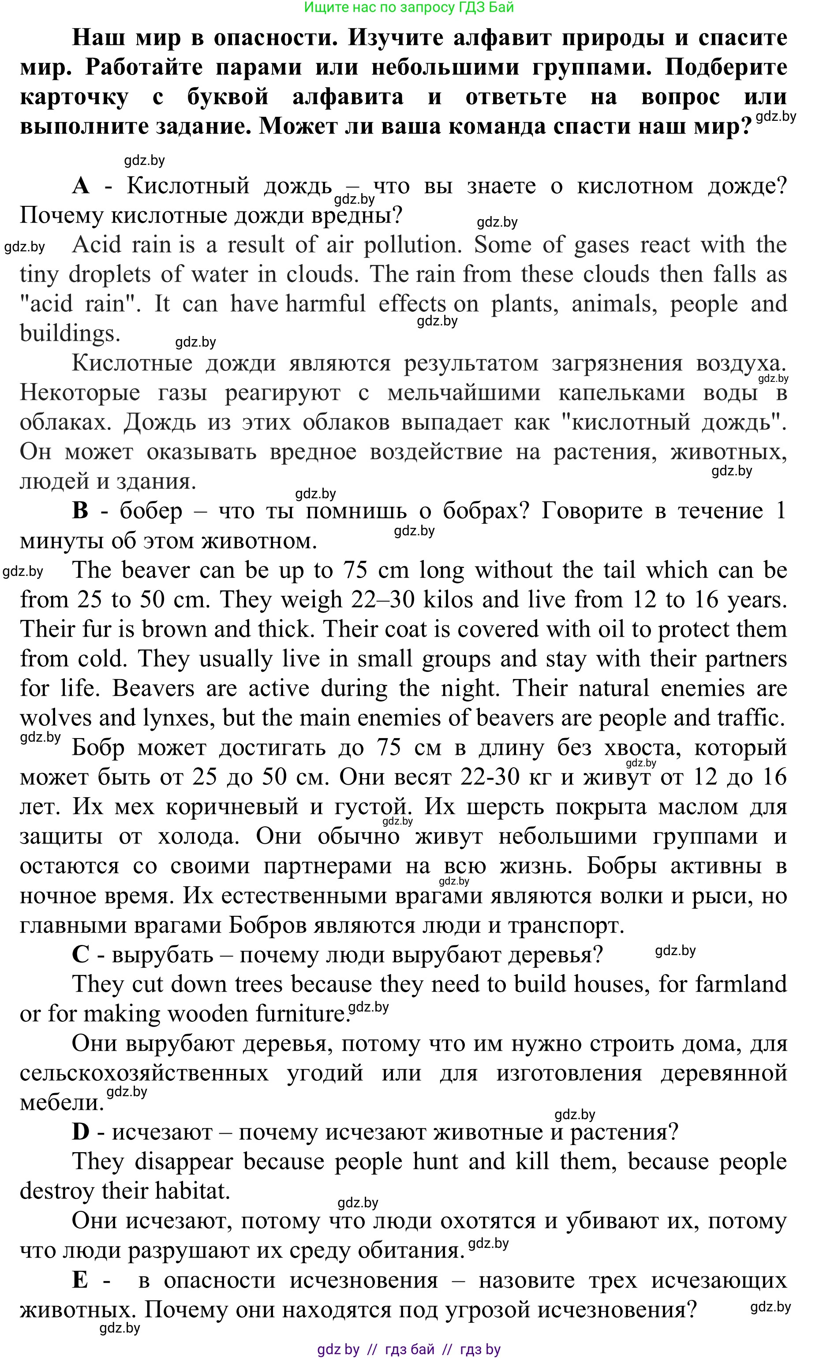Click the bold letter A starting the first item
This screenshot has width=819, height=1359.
tap(81, 187)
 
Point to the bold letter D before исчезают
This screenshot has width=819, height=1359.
tap(81, 1132)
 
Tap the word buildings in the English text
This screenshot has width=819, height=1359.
tap(70, 334)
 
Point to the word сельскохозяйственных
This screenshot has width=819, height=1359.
tap(145, 1073)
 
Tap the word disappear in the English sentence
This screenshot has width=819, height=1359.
tap(183, 1162)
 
